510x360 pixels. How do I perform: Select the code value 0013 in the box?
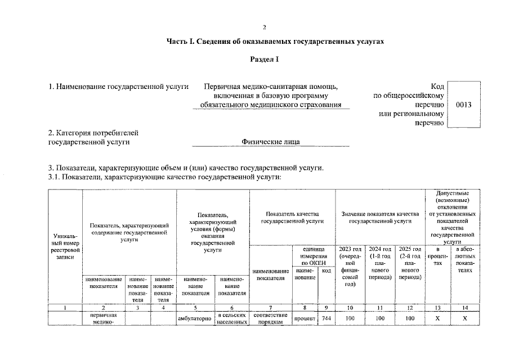coord(464,105)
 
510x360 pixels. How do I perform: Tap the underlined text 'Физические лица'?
coord(271,142)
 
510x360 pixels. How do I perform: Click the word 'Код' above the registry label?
coord(437,87)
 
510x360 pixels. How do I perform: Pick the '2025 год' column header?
coord(409,263)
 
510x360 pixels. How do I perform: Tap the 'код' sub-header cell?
coord(326,271)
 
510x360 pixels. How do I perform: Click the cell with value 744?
coord(326,319)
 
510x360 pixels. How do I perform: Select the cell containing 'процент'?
coord(305,319)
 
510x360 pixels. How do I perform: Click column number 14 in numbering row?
coord(464,307)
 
